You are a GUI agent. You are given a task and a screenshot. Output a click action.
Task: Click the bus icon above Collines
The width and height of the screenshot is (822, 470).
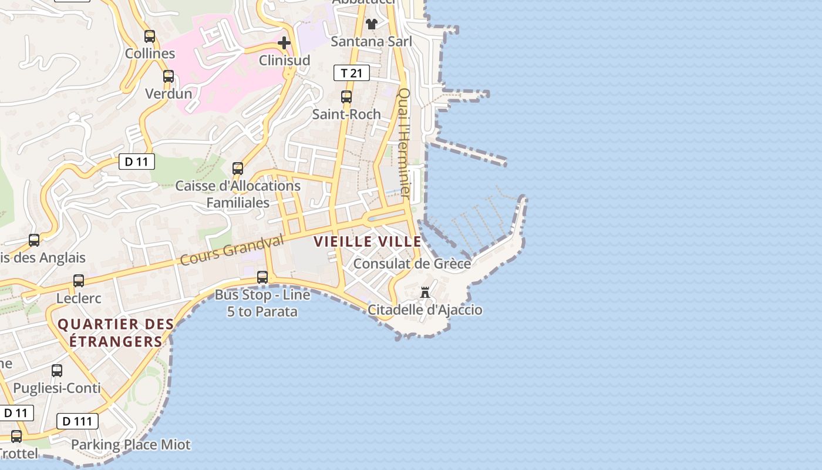pos(150,36)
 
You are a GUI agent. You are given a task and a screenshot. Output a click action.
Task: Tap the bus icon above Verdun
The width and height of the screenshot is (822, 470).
pos(169,76)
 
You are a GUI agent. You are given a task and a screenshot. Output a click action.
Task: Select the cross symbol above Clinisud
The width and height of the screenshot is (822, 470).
pos(284,43)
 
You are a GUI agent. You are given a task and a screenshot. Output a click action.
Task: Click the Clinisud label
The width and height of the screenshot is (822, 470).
pos(285,60)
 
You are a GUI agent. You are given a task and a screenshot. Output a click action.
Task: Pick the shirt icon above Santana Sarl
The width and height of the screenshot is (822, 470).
pos(372,24)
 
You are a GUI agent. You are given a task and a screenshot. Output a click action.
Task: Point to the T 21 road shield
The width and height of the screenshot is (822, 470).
pos(352,73)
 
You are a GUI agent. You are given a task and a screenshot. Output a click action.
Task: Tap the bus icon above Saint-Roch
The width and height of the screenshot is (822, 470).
pos(346,97)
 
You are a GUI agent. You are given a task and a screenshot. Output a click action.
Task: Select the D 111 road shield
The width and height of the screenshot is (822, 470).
pos(78,421)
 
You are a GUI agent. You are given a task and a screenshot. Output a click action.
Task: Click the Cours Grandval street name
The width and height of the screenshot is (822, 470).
pos(231,250)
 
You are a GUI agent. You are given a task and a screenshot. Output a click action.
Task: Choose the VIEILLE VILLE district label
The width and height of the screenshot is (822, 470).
pos(368,241)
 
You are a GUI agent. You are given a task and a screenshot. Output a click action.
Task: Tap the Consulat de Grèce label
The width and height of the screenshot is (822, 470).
pos(412,264)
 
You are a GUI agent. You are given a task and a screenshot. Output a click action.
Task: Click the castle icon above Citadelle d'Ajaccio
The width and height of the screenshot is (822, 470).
pos(425,292)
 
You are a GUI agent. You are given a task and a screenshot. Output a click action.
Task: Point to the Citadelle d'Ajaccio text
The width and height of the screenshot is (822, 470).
pos(425,310)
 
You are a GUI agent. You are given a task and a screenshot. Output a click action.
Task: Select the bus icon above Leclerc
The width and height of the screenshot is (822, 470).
pos(79,281)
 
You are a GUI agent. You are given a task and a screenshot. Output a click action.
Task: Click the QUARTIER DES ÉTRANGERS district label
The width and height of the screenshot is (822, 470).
pos(116,333)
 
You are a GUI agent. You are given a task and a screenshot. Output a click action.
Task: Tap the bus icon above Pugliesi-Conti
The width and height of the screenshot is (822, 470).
pos(57,371)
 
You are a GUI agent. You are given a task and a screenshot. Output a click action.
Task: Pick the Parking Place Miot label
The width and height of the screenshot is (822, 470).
pos(131,445)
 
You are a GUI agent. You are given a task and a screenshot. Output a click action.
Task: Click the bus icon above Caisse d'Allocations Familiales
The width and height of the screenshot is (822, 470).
pos(238,169)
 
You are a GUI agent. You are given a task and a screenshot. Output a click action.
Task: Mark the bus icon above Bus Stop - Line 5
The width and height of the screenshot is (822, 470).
pos(262,277)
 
